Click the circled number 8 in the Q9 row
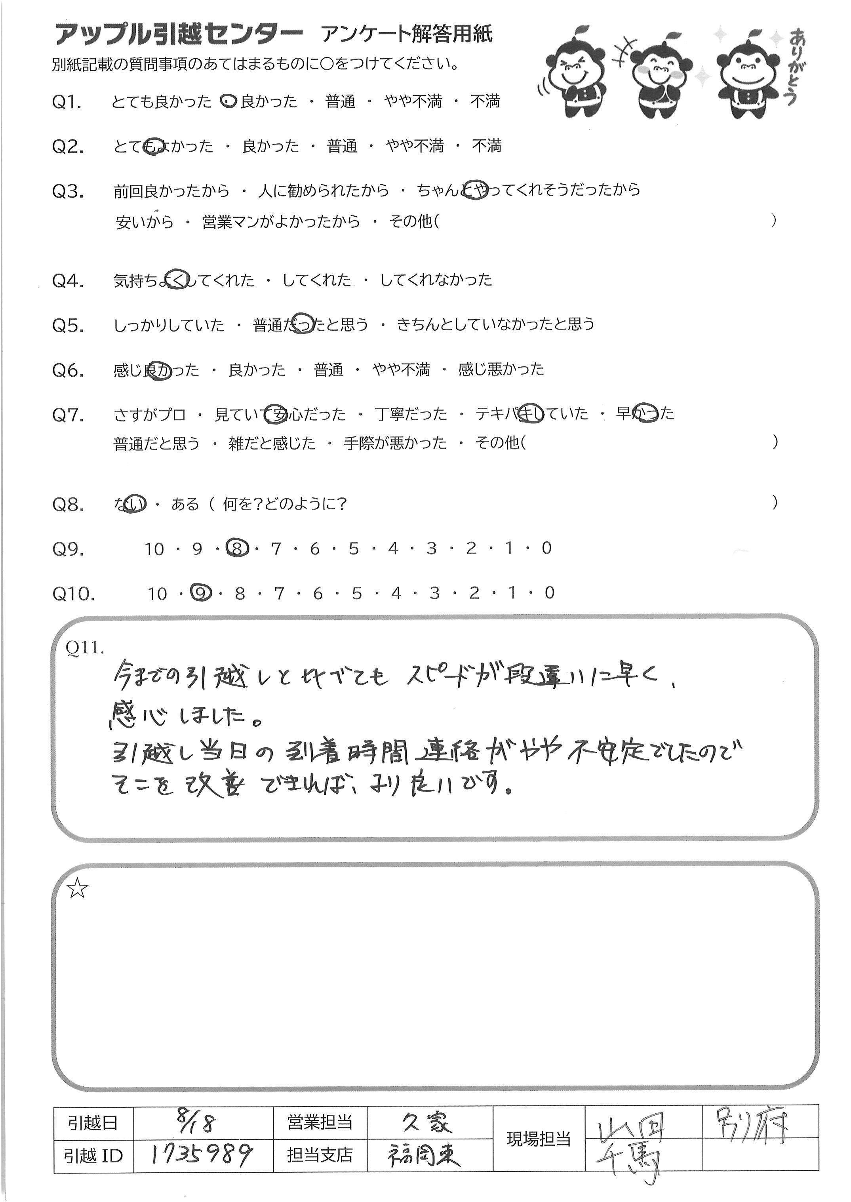point(237,549)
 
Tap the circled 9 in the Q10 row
point(200,593)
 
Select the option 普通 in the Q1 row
point(340,101)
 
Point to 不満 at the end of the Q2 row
point(486,146)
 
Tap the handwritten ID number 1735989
point(202,1154)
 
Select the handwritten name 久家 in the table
point(426,1122)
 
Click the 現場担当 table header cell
point(538,1138)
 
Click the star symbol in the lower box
point(78,889)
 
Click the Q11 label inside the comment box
point(84,648)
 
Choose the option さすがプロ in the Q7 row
point(149,415)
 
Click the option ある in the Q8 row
point(185,504)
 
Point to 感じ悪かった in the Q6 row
point(501,370)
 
